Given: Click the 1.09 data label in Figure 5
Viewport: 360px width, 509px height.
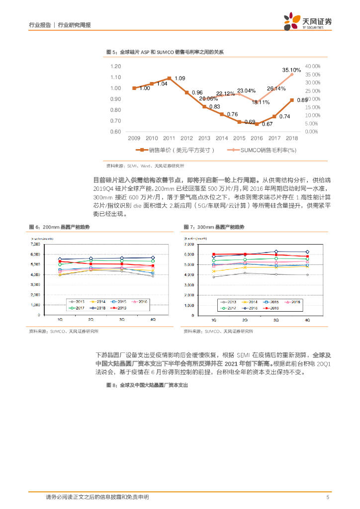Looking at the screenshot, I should pos(180,79).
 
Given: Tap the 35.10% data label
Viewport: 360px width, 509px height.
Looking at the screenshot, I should pos(291,70).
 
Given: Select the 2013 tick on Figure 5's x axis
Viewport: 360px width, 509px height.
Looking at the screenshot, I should pos(204,138).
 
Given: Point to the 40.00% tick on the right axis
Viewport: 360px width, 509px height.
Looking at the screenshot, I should pos(312,66).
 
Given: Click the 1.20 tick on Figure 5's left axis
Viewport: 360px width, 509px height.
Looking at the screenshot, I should pos(115,66).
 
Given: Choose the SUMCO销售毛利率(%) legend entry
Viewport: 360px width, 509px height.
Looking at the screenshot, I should pos(265,150).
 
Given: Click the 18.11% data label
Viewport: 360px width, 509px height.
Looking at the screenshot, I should pos(261,102).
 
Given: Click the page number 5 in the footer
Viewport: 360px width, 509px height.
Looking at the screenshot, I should pos(327,497).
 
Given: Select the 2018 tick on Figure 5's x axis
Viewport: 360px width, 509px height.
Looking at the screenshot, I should pos(292,138).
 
